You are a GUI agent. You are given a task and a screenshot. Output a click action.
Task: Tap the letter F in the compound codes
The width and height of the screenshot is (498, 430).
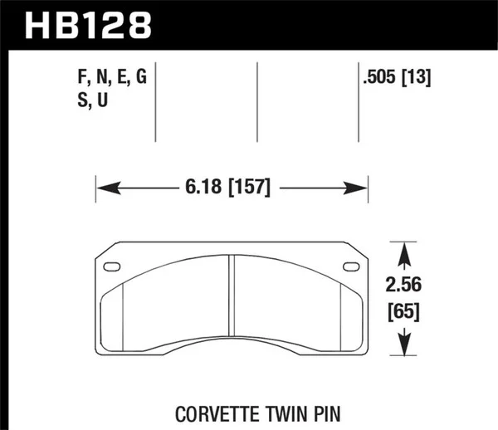tap(81, 80)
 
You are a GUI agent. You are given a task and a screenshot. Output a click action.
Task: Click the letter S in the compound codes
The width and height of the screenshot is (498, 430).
tap(81, 101)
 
